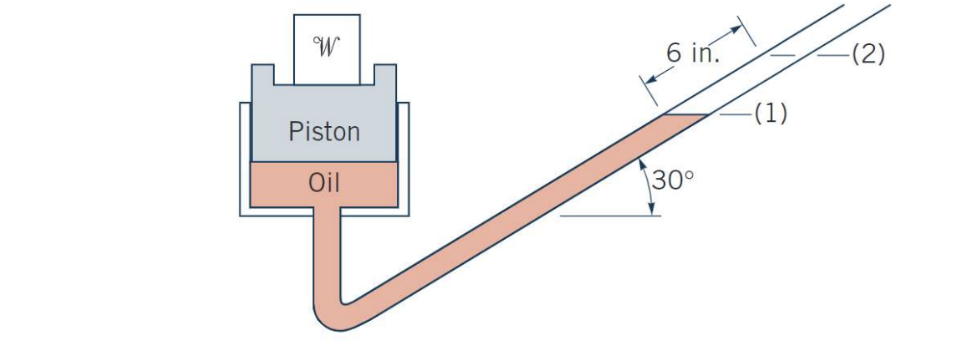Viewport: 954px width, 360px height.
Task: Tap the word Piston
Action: point(324,131)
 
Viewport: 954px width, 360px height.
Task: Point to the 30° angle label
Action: point(673,180)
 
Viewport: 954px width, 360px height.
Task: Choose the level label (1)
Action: point(769,114)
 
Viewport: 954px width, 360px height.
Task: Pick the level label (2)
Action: point(867,55)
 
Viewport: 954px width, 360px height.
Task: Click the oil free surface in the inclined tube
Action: point(685,116)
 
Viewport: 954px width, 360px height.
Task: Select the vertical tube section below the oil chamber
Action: point(326,250)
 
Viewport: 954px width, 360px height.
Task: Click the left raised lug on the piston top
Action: point(262,75)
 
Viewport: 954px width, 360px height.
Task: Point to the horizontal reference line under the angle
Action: point(610,215)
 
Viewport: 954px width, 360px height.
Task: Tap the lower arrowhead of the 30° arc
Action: point(652,208)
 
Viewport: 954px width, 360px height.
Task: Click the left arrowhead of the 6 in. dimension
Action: point(647,79)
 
